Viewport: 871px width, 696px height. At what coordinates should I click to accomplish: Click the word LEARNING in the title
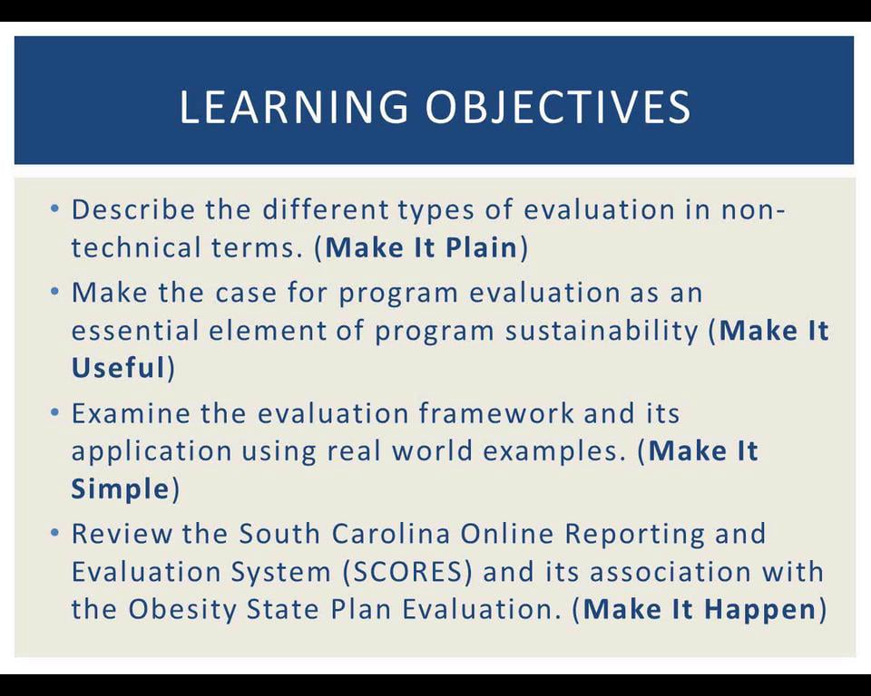click(294, 107)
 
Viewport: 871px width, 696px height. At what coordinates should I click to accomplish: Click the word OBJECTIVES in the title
click(558, 107)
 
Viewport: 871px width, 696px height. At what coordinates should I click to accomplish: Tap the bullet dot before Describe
click(55, 209)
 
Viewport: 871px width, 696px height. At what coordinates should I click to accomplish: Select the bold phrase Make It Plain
click(421, 248)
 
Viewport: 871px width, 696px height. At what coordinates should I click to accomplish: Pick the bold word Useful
click(118, 368)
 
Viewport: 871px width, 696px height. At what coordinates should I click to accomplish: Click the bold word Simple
click(120, 489)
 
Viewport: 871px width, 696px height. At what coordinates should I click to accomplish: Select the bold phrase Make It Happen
click(700, 609)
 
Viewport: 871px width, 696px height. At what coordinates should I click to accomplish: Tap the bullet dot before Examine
click(55, 413)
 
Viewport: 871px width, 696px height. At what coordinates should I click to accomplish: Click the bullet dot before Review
click(55, 534)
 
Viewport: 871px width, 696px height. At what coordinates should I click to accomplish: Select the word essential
click(134, 331)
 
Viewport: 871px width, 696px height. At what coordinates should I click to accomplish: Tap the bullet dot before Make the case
click(55, 293)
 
